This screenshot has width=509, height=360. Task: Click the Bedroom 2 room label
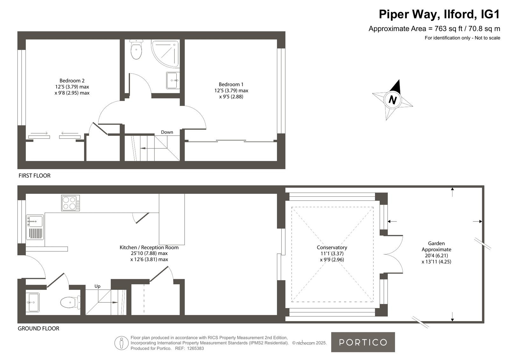[x=72, y=81]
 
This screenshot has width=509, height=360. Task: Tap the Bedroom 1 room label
[x=231, y=85]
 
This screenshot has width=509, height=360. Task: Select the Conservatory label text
[x=332, y=247]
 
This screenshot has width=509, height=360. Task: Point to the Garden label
[x=436, y=243]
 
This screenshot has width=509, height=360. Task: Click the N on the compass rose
[x=393, y=100]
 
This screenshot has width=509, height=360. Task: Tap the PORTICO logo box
[x=363, y=342]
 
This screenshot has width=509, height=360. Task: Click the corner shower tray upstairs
[x=166, y=54]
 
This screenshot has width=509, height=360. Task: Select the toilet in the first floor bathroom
[x=136, y=49]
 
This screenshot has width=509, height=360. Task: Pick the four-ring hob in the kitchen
[x=70, y=203]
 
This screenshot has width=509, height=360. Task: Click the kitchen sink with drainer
[x=35, y=227]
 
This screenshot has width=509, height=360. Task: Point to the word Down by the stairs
[x=167, y=132]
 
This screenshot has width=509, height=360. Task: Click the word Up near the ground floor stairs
[x=97, y=286]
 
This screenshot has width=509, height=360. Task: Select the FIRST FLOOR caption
[x=35, y=175]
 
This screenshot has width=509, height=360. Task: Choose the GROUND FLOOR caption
[x=39, y=328]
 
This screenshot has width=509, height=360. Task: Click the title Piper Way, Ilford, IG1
[x=439, y=14]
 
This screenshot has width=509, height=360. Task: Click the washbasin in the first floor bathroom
[x=173, y=81]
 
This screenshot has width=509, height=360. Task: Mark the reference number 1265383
[x=195, y=349]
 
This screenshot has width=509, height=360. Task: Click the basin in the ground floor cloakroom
[x=33, y=302]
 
